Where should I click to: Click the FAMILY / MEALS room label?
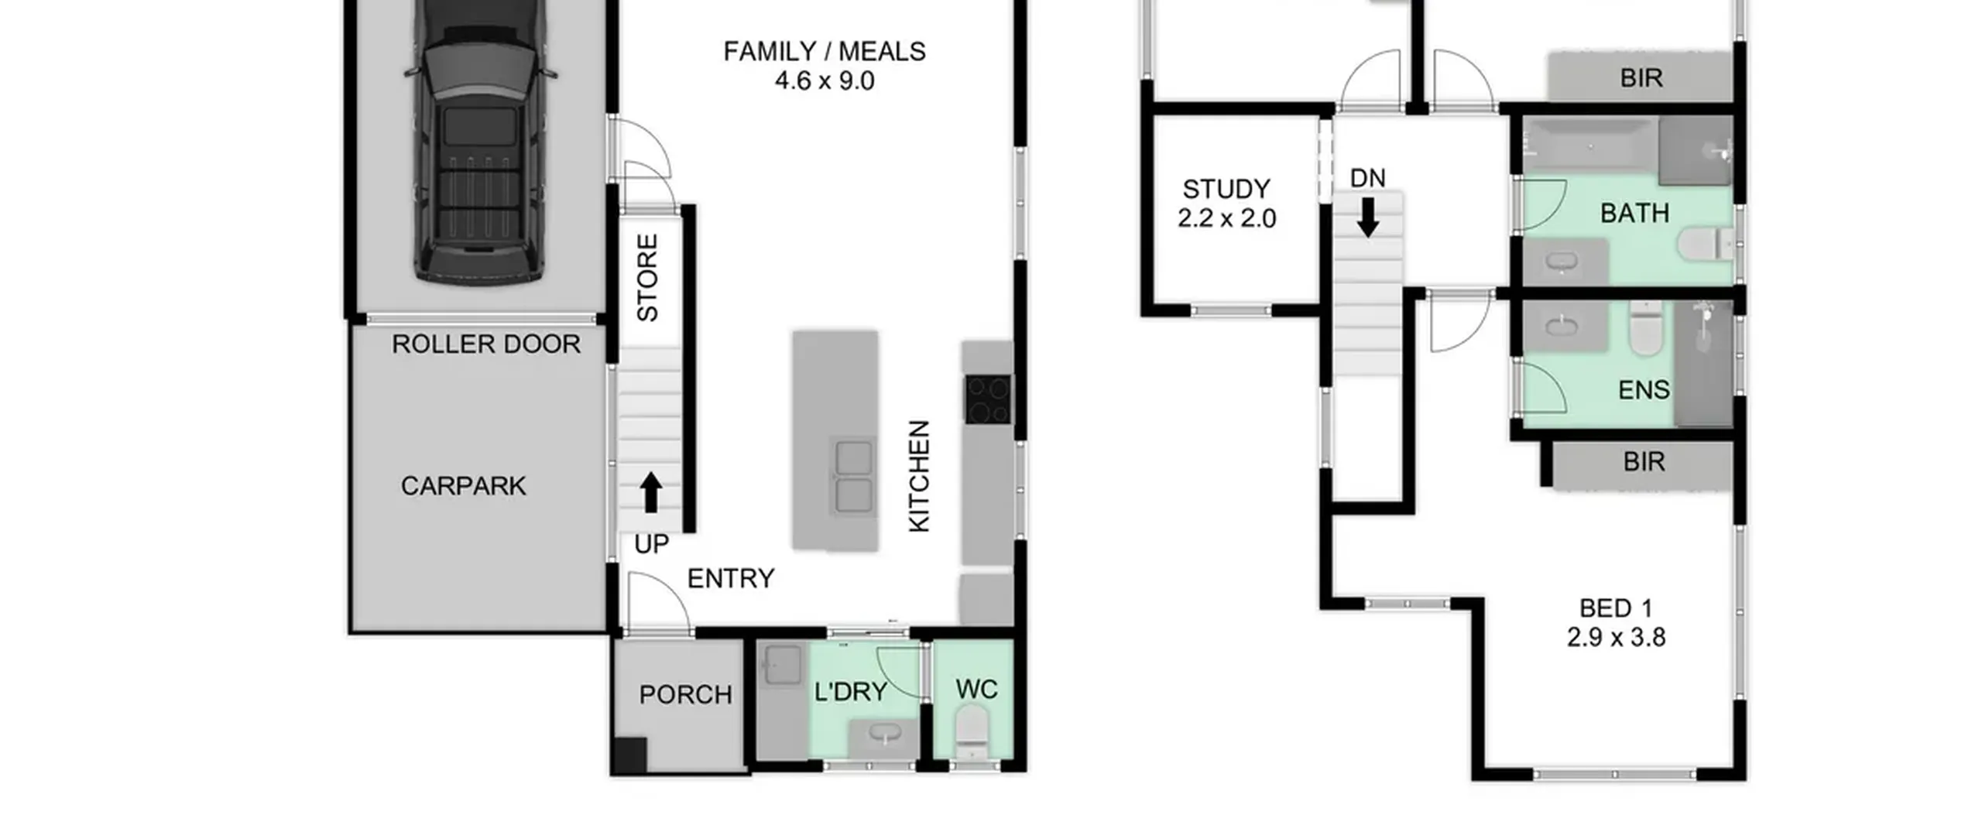tap(825, 51)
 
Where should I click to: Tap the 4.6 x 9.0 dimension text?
tap(825, 80)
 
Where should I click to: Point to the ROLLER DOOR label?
tap(486, 344)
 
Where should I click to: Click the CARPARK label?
tap(463, 486)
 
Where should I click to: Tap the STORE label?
tap(647, 277)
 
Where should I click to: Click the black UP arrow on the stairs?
tap(651, 492)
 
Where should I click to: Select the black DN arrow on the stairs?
tap(1368, 217)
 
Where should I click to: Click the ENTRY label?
tap(731, 578)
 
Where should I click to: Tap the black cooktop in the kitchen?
tap(988, 399)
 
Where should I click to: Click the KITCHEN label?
tap(918, 476)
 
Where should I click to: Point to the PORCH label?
tap(685, 694)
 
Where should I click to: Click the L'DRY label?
tap(851, 691)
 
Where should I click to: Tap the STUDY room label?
tap(1226, 189)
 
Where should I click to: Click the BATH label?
tap(1634, 213)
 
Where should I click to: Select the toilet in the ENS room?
tap(1645, 328)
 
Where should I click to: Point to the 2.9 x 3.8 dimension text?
tap(1616, 637)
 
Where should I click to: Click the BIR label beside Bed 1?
tap(1644, 462)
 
